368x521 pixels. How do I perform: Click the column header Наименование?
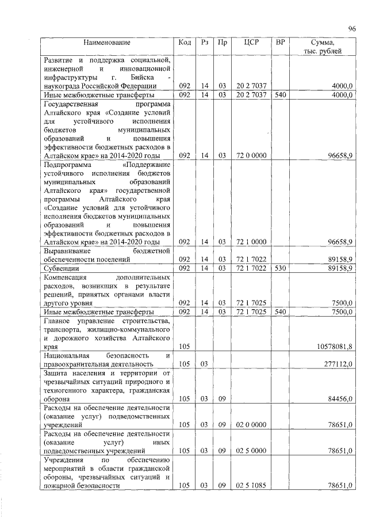(107, 43)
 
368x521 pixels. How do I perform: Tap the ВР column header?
(280, 43)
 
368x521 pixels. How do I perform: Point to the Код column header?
(185, 43)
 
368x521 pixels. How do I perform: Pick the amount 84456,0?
(339, 398)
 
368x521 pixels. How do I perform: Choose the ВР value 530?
(280, 268)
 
